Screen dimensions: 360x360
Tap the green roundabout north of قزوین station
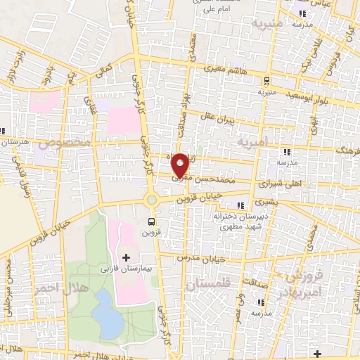tap(152, 200)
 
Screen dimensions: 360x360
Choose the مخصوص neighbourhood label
tap(65, 143)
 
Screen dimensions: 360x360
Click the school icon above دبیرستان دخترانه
tap(242, 205)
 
